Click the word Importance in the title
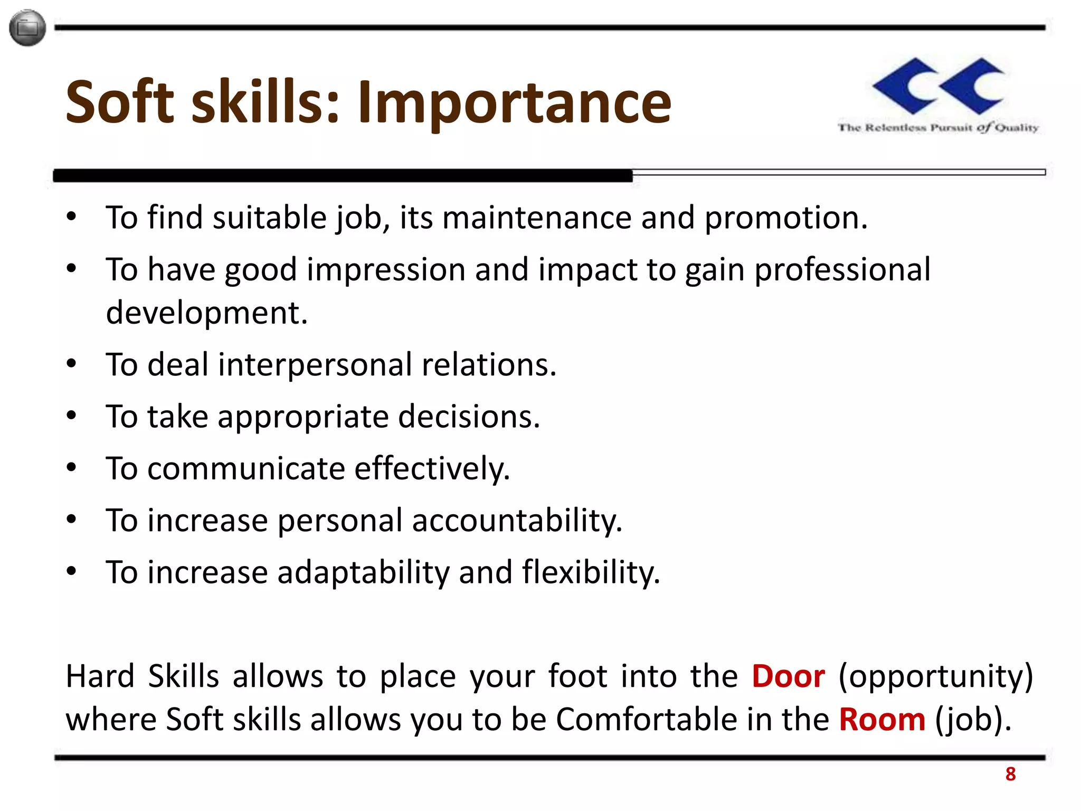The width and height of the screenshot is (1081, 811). (x=515, y=103)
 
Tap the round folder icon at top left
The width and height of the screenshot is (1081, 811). (x=27, y=27)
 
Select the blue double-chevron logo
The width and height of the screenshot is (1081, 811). (x=938, y=86)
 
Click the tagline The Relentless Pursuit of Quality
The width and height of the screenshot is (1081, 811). (x=938, y=127)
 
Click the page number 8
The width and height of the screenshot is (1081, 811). (x=1010, y=774)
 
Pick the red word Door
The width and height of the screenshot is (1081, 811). (x=788, y=676)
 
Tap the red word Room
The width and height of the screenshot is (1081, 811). (x=882, y=720)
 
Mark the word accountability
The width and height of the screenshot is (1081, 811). (x=517, y=521)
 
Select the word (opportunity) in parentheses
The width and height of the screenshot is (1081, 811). (x=935, y=676)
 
